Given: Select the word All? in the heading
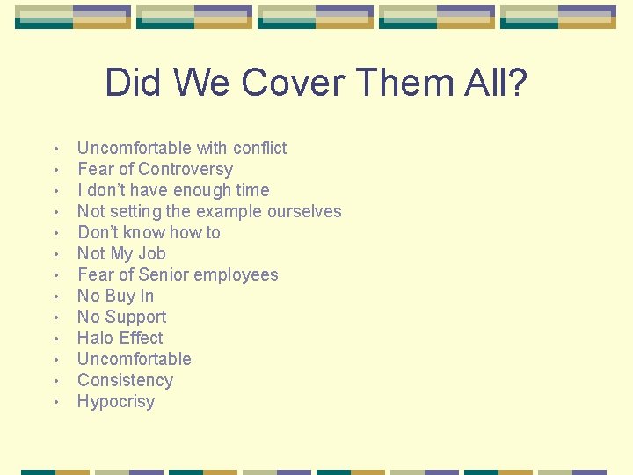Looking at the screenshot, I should click(496, 84).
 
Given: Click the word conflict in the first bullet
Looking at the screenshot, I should click(258, 148).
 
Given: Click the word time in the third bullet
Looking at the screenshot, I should click(252, 190).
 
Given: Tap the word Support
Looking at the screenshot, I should click(135, 317).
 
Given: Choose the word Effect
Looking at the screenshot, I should click(141, 338).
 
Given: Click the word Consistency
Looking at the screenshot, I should click(125, 380).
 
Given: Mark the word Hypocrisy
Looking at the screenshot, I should click(116, 402).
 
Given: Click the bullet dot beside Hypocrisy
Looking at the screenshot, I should click(55, 403).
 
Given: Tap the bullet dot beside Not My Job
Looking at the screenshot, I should click(55, 255).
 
